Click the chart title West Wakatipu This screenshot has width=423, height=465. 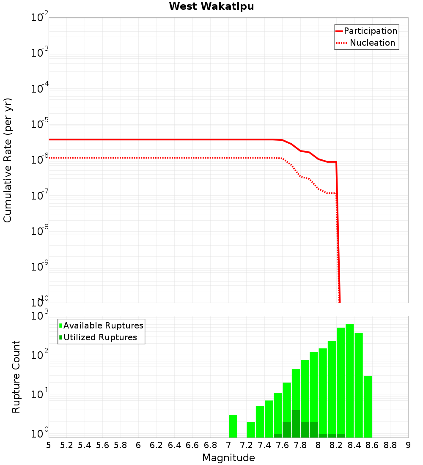point(211,7)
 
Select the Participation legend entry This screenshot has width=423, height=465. point(366,31)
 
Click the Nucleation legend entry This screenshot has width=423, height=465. point(366,43)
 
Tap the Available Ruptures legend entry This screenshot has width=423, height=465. point(102,326)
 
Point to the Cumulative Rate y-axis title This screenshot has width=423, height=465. point(8,160)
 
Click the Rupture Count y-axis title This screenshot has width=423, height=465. point(16,377)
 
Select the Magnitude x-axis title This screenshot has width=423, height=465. point(228,458)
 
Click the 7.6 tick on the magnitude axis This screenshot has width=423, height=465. point(282,445)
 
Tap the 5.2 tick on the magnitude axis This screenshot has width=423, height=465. point(66,445)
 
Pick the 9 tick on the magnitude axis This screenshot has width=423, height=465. point(408,445)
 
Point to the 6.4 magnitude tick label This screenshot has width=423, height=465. point(174,445)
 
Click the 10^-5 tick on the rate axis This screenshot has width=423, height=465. point(40,125)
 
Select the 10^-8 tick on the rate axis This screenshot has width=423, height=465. point(40,232)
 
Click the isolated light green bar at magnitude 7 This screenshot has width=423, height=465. point(233,426)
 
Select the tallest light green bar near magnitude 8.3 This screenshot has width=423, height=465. point(350,380)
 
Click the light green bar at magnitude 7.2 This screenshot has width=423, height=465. point(251,429)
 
